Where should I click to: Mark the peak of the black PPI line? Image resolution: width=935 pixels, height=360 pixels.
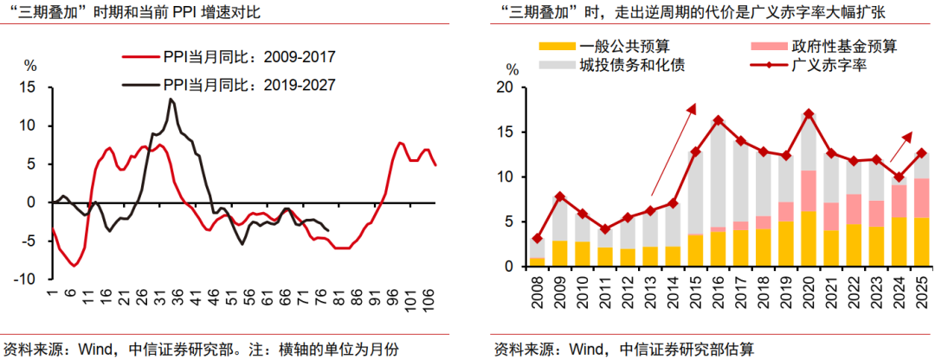point(171,100)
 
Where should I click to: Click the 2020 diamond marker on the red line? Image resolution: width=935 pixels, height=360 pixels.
point(809,114)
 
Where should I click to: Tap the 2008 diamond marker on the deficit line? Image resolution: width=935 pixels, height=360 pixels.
point(537,238)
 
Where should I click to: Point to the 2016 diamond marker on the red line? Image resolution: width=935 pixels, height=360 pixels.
point(718,120)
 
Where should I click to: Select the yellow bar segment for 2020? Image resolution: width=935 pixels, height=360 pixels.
point(809,239)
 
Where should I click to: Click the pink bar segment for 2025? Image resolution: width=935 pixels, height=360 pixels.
point(921,197)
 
